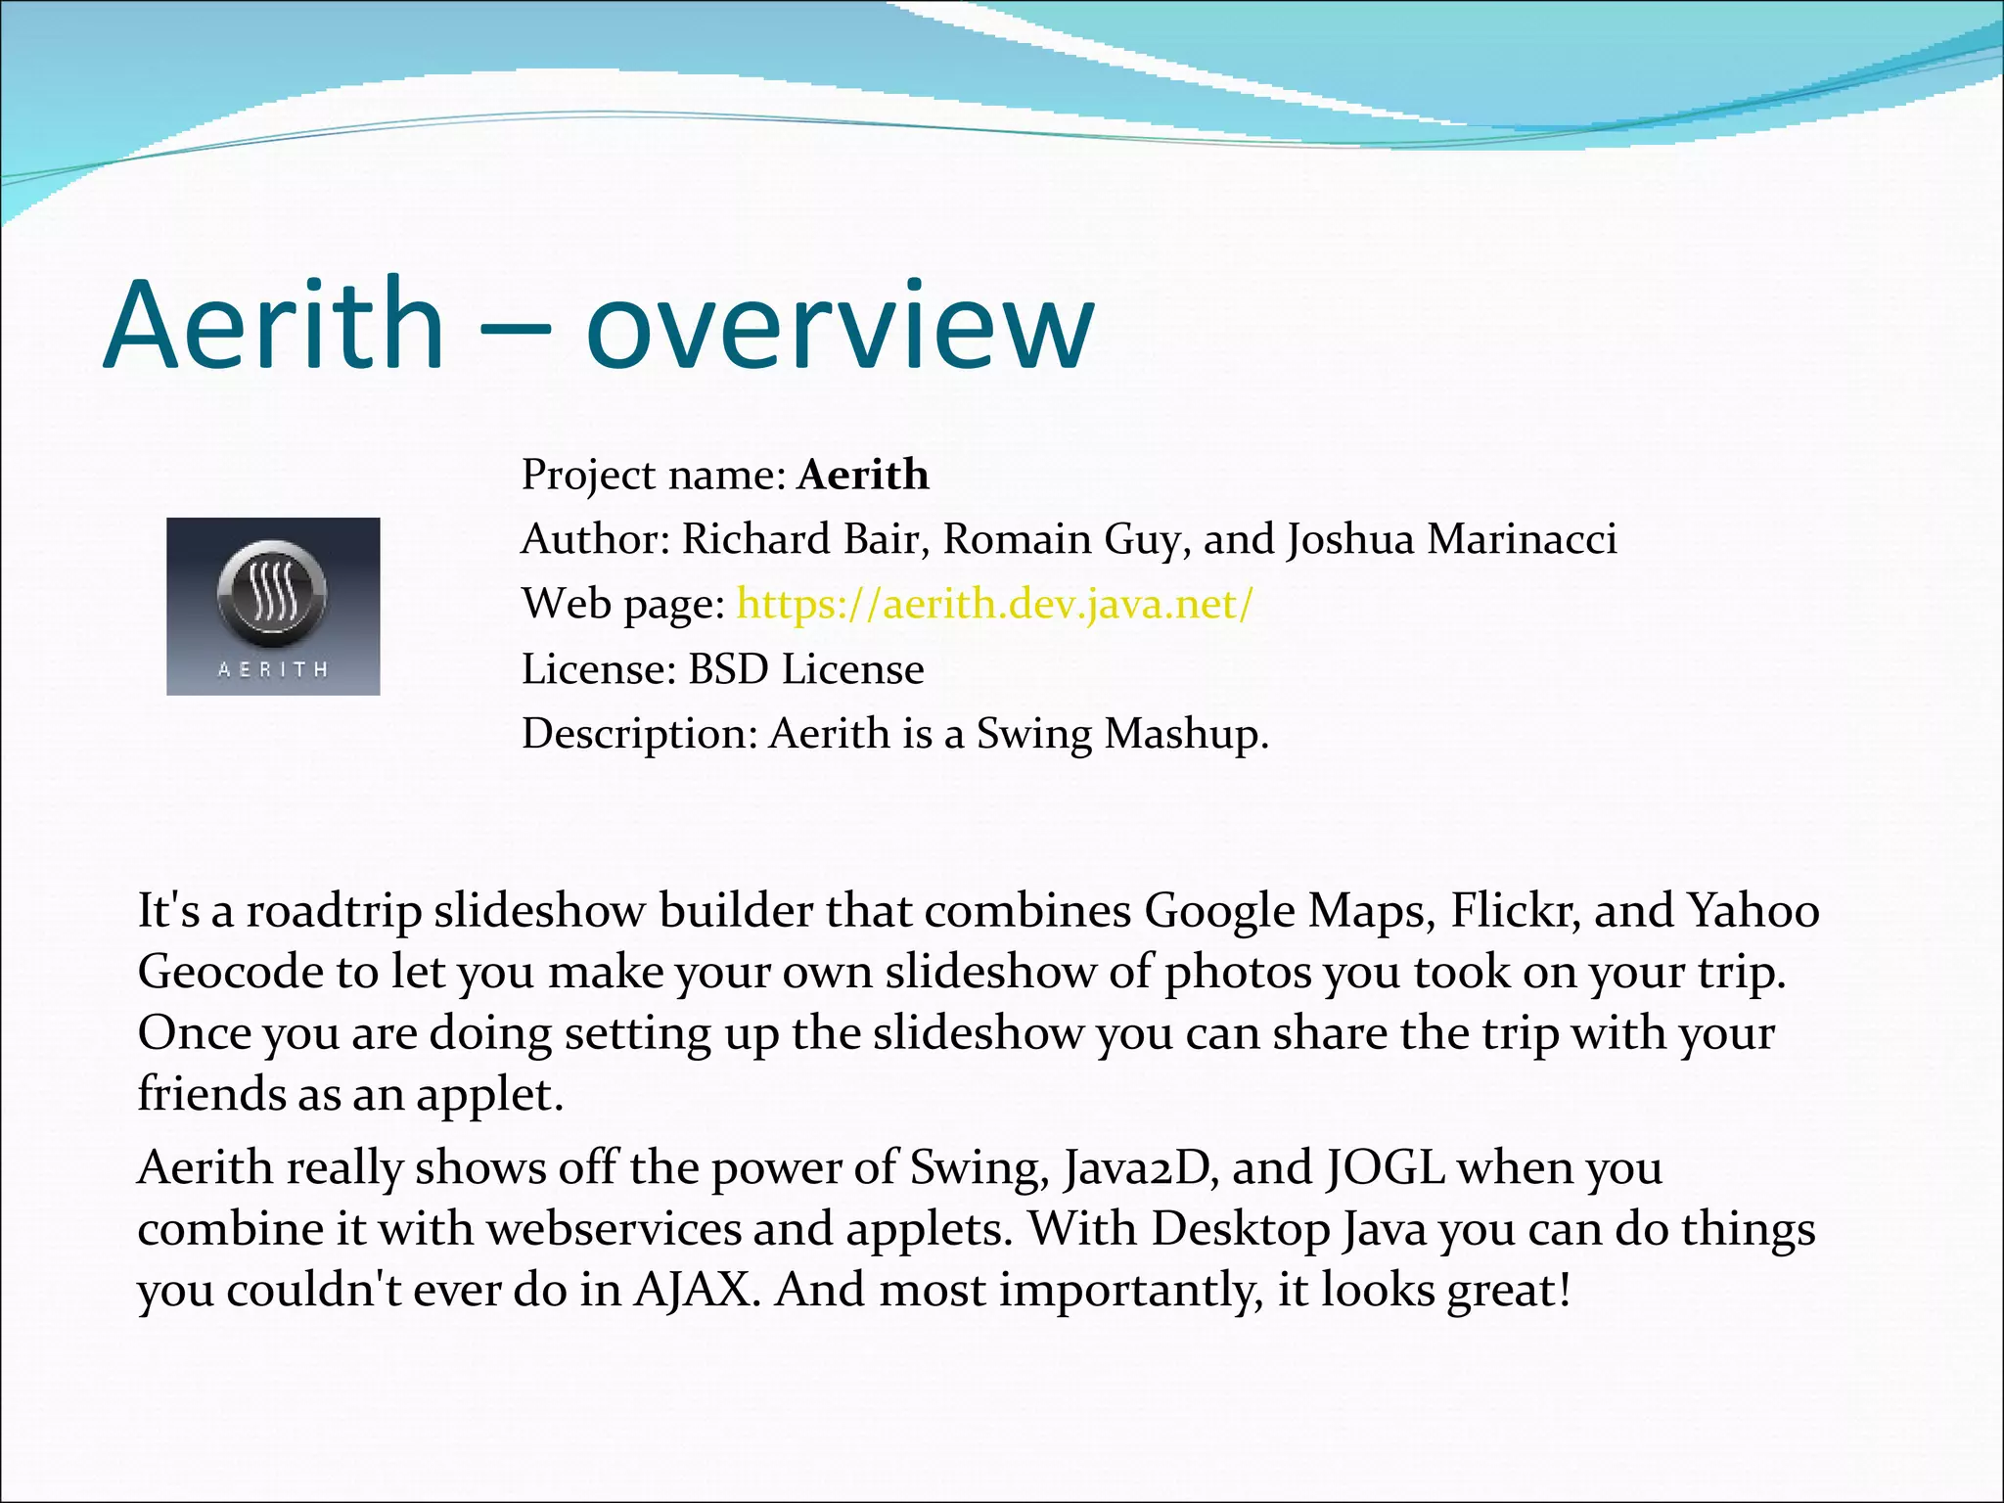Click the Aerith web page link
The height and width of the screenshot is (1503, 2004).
point(993,604)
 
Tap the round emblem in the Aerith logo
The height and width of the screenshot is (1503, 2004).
point(272,593)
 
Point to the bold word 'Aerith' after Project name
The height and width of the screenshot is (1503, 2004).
point(862,475)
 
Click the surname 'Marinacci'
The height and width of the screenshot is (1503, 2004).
point(1522,539)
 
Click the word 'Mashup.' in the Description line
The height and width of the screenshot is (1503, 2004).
point(1186,734)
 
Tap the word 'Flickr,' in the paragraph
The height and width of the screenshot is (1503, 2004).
point(1515,910)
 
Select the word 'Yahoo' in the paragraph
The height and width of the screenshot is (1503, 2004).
point(1753,910)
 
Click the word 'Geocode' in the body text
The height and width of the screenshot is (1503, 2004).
point(230,973)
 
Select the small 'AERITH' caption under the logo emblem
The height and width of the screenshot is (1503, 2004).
point(272,670)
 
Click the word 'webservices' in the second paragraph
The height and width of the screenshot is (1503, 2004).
point(614,1229)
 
